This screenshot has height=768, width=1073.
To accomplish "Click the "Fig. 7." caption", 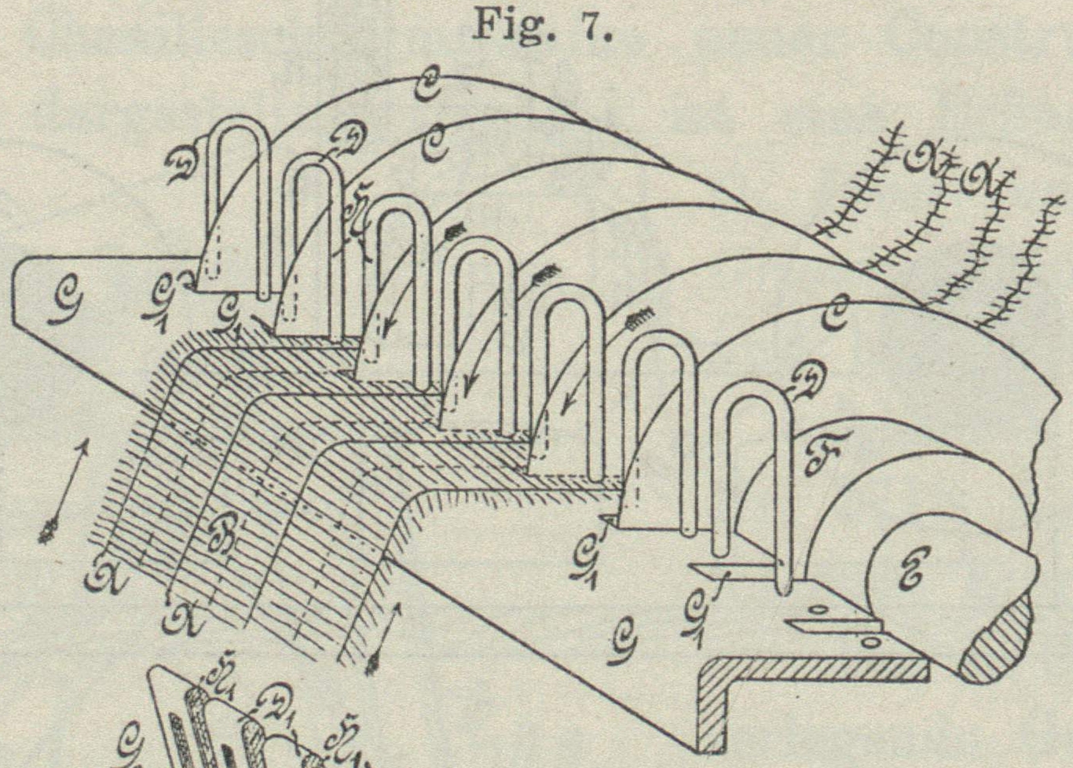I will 541,25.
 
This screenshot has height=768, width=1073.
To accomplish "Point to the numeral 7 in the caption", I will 592,25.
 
